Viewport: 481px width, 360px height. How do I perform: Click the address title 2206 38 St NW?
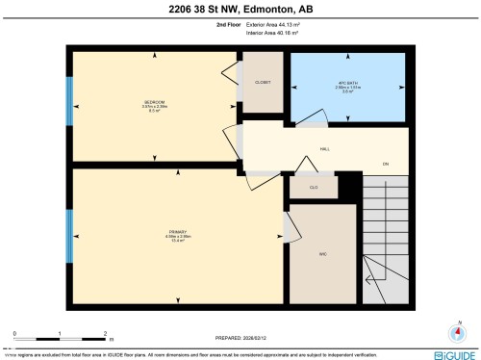pyautogui.click(x=240, y=11)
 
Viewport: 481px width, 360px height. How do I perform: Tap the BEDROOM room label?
pyautogui.click(x=155, y=102)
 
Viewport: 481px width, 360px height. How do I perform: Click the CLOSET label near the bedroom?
pyautogui.click(x=263, y=83)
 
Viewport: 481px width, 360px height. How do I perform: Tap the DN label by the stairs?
pyautogui.click(x=386, y=165)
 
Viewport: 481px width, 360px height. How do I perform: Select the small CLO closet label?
pyautogui.click(x=313, y=187)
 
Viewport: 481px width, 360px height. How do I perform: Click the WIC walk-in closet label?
pyautogui.click(x=323, y=253)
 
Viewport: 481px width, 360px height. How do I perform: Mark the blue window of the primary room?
pyautogui.click(x=68, y=232)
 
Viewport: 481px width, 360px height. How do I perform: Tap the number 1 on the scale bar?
pyautogui.click(x=60, y=333)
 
